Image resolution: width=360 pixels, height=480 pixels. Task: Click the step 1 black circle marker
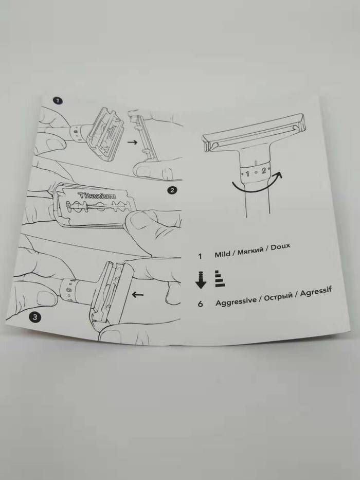58,101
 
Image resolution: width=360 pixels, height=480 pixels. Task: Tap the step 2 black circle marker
172,190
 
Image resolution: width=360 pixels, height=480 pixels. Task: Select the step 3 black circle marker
34,317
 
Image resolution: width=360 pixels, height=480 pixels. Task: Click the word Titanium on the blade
97,195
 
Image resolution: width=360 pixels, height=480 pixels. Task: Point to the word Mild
222,254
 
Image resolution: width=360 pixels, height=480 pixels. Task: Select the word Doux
280,247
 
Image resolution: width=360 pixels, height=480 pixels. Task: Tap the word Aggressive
236,301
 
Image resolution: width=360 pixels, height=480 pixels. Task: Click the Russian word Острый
278,297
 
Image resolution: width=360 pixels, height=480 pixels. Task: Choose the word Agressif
316,292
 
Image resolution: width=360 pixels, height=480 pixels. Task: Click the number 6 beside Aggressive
200,304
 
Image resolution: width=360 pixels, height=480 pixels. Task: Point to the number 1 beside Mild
200,256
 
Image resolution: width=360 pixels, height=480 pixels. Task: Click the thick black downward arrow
201,280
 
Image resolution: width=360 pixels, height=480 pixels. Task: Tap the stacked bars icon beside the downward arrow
220,278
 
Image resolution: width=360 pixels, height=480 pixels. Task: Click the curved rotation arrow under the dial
257,184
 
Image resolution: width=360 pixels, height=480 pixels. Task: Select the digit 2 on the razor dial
263,170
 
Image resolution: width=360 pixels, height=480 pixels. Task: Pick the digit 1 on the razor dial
247,174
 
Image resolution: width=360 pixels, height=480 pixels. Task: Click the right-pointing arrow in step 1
132,143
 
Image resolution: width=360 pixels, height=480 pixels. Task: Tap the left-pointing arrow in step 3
138,294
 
